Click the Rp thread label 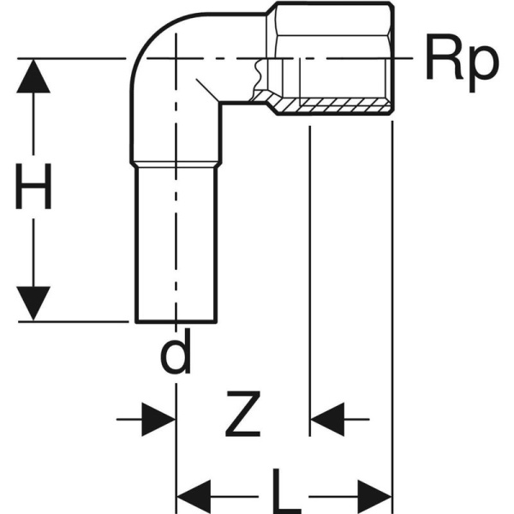pyautogui.click(x=463, y=63)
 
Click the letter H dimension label pyautogui.click(x=33, y=186)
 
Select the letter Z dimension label pyautogui.click(x=243, y=414)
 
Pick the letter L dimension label pyautogui.click(x=286, y=492)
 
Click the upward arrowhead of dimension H pyautogui.click(x=33, y=75)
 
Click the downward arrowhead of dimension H pyautogui.click(x=33, y=303)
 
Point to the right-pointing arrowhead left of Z pyautogui.click(x=158, y=419)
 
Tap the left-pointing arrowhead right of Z pyautogui.click(x=327, y=419)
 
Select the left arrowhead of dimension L pyautogui.click(x=194, y=497)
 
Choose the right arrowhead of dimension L pyautogui.click(x=375, y=497)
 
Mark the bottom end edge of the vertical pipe pyautogui.click(x=176, y=323)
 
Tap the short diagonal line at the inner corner pyautogui.click(x=207, y=90)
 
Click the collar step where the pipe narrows pyautogui.click(x=176, y=164)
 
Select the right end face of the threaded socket pyautogui.click(x=392, y=58)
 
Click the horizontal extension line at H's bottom pyautogui.click(x=74, y=322)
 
